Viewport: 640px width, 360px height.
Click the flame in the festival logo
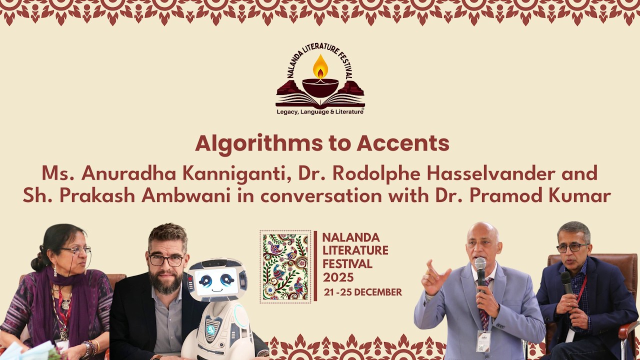320,67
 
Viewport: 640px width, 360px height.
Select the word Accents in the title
403,143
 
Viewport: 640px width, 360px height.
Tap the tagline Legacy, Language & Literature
320,111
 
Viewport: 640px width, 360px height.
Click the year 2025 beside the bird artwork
338,277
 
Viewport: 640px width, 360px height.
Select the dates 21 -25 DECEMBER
362,292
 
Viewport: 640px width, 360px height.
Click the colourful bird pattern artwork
285,266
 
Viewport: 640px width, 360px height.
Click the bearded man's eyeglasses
166,260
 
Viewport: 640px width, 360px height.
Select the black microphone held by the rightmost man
566,282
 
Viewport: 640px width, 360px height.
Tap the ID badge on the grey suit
483,341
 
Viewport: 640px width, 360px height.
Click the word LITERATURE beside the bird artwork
355,250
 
